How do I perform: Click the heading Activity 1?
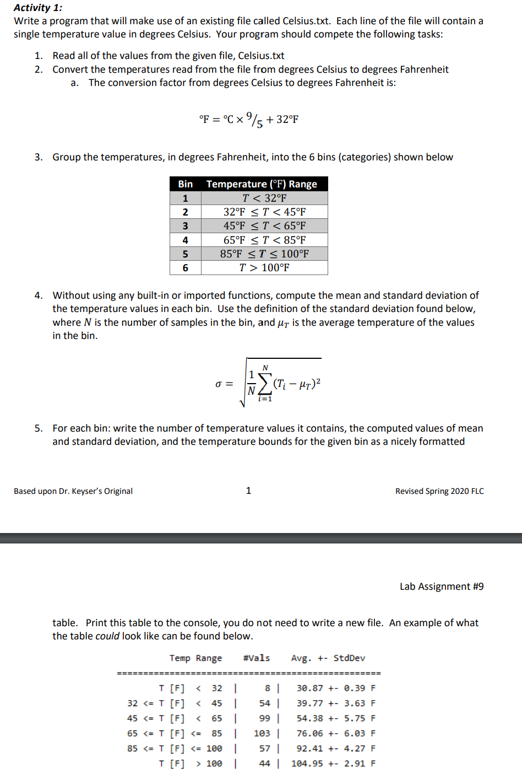click(38, 8)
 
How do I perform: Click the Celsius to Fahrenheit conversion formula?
click(249, 119)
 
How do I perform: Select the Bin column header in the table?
click(185, 184)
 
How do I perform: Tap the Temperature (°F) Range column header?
click(262, 184)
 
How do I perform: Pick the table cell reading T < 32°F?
click(264, 198)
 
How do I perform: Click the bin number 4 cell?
click(185, 240)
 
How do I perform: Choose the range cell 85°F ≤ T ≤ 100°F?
click(264, 254)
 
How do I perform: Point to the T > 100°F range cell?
click(264, 267)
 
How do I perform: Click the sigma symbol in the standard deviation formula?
click(219, 384)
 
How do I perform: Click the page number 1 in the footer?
click(248, 491)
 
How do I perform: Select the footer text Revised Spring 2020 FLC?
click(439, 491)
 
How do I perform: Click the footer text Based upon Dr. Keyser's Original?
click(73, 491)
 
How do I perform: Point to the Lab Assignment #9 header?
click(442, 586)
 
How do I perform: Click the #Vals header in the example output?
click(257, 658)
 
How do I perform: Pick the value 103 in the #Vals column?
click(262, 733)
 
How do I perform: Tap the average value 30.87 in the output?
click(310, 688)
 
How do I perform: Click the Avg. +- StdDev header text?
click(328, 658)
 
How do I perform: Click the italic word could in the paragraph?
click(107, 636)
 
